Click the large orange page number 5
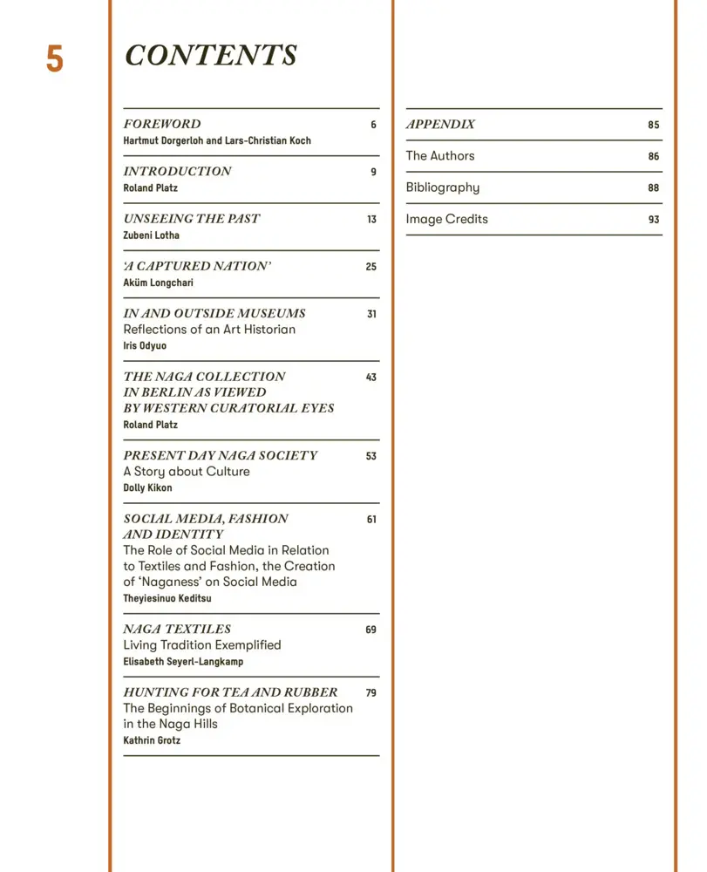coord(54,58)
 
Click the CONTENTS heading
coord(211,55)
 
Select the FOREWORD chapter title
coord(162,124)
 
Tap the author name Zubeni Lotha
coord(153,235)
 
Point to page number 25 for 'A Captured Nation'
coord(370,267)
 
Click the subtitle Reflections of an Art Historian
coord(209,330)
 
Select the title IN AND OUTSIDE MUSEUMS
coord(214,313)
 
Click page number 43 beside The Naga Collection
coord(370,378)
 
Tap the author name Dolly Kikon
coord(148,488)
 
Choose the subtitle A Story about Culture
coord(187,472)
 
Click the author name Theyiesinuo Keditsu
coord(167,599)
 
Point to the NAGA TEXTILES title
coord(177,629)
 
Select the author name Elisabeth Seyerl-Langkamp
coord(183,662)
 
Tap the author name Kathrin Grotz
coord(152,740)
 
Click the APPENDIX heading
coord(440,124)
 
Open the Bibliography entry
coord(442,187)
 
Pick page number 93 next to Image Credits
coord(653,220)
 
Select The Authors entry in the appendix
coord(440,156)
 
